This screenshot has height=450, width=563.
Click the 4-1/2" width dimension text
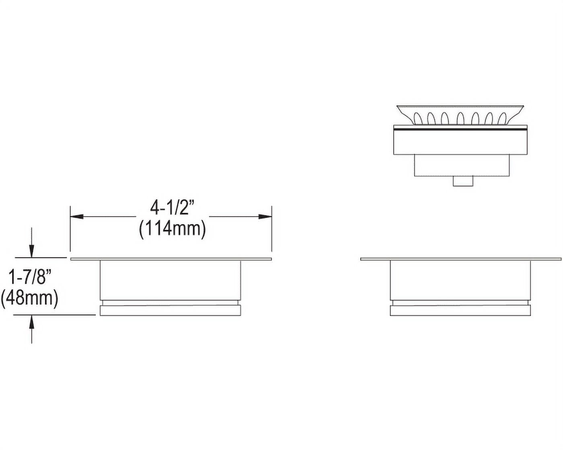(173, 208)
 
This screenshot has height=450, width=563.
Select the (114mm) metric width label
(173, 229)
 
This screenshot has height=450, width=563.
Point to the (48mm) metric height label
(29, 299)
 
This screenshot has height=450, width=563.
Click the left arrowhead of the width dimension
(77, 217)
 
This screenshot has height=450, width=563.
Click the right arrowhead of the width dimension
(265, 217)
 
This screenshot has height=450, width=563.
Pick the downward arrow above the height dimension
(31, 243)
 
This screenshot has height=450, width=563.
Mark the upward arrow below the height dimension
(32, 329)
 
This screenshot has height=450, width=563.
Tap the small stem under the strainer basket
(463, 181)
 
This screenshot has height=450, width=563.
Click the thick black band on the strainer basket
(460, 129)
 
